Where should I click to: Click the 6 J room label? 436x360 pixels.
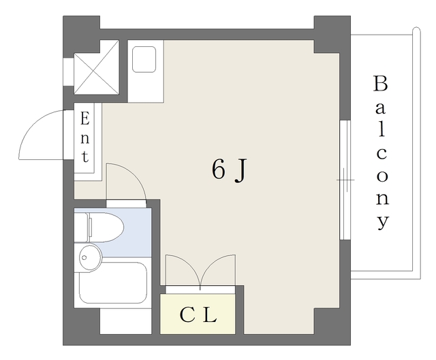tap(229, 170)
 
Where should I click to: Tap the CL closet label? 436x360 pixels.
tap(198, 315)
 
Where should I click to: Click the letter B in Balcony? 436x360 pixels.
tap(380, 84)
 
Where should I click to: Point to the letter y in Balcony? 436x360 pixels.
tap(383, 222)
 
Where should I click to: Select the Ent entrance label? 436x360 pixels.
tap(84, 137)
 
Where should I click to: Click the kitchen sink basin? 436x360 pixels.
tap(144, 59)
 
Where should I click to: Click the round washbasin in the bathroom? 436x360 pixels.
tap(91, 257)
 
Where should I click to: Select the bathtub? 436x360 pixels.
tap(113, 283)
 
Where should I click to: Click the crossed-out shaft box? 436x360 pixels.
tap(97, 67)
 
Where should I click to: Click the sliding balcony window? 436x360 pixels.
tap(345, 180)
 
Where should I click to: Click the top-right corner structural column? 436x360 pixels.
tap(332, 34)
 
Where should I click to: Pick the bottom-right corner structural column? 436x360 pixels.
tap(332, 326)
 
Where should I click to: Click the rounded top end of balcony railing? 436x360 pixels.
tap(416, 29)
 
